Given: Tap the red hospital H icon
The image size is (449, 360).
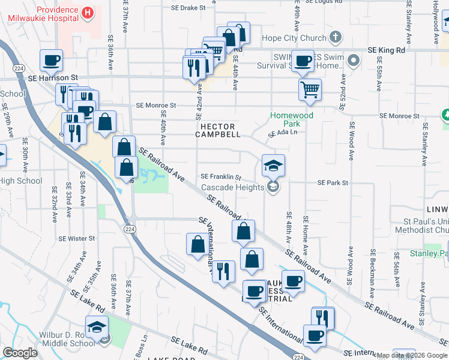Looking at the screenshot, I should [88, 12].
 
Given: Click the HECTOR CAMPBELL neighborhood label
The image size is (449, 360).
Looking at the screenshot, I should [220, 130].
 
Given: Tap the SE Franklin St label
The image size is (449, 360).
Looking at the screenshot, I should [220, 177].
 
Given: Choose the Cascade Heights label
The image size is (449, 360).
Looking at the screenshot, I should [232, 187].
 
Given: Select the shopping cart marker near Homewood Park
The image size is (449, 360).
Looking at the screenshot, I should [310, 90].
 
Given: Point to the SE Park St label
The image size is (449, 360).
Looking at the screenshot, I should [333, 182].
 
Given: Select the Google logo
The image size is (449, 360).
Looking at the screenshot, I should [20, 353].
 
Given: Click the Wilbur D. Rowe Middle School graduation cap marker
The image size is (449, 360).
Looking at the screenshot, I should [96, 327].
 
